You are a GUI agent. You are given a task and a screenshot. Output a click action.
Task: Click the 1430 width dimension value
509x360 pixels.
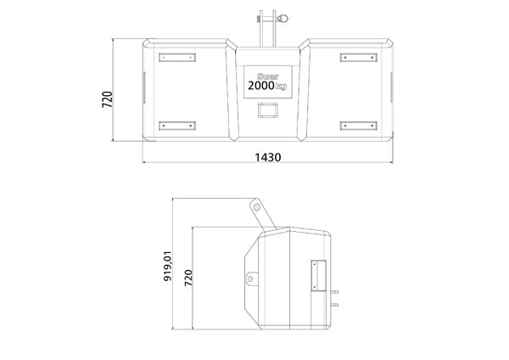(268, 158)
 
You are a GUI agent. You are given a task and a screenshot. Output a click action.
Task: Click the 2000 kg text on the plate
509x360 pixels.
(267, 85)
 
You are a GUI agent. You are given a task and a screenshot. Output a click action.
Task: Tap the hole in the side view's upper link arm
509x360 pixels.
(255, 208)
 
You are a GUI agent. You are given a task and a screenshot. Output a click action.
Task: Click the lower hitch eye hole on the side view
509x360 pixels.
(251, 278)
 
